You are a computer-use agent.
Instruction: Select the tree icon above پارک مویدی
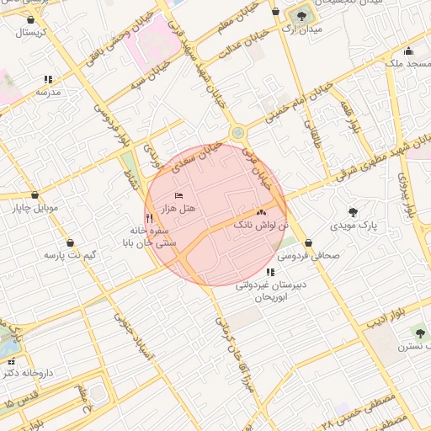352,212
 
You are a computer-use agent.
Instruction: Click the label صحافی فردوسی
309,253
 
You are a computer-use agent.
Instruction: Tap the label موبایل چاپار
33,206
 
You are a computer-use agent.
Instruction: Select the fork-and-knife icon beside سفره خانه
149,217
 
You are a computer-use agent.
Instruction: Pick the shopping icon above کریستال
31,19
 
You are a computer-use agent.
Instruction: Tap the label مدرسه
48,92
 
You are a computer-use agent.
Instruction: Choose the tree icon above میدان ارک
301,16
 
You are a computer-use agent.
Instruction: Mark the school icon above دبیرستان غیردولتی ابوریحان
270,272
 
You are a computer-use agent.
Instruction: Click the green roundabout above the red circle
238,133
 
